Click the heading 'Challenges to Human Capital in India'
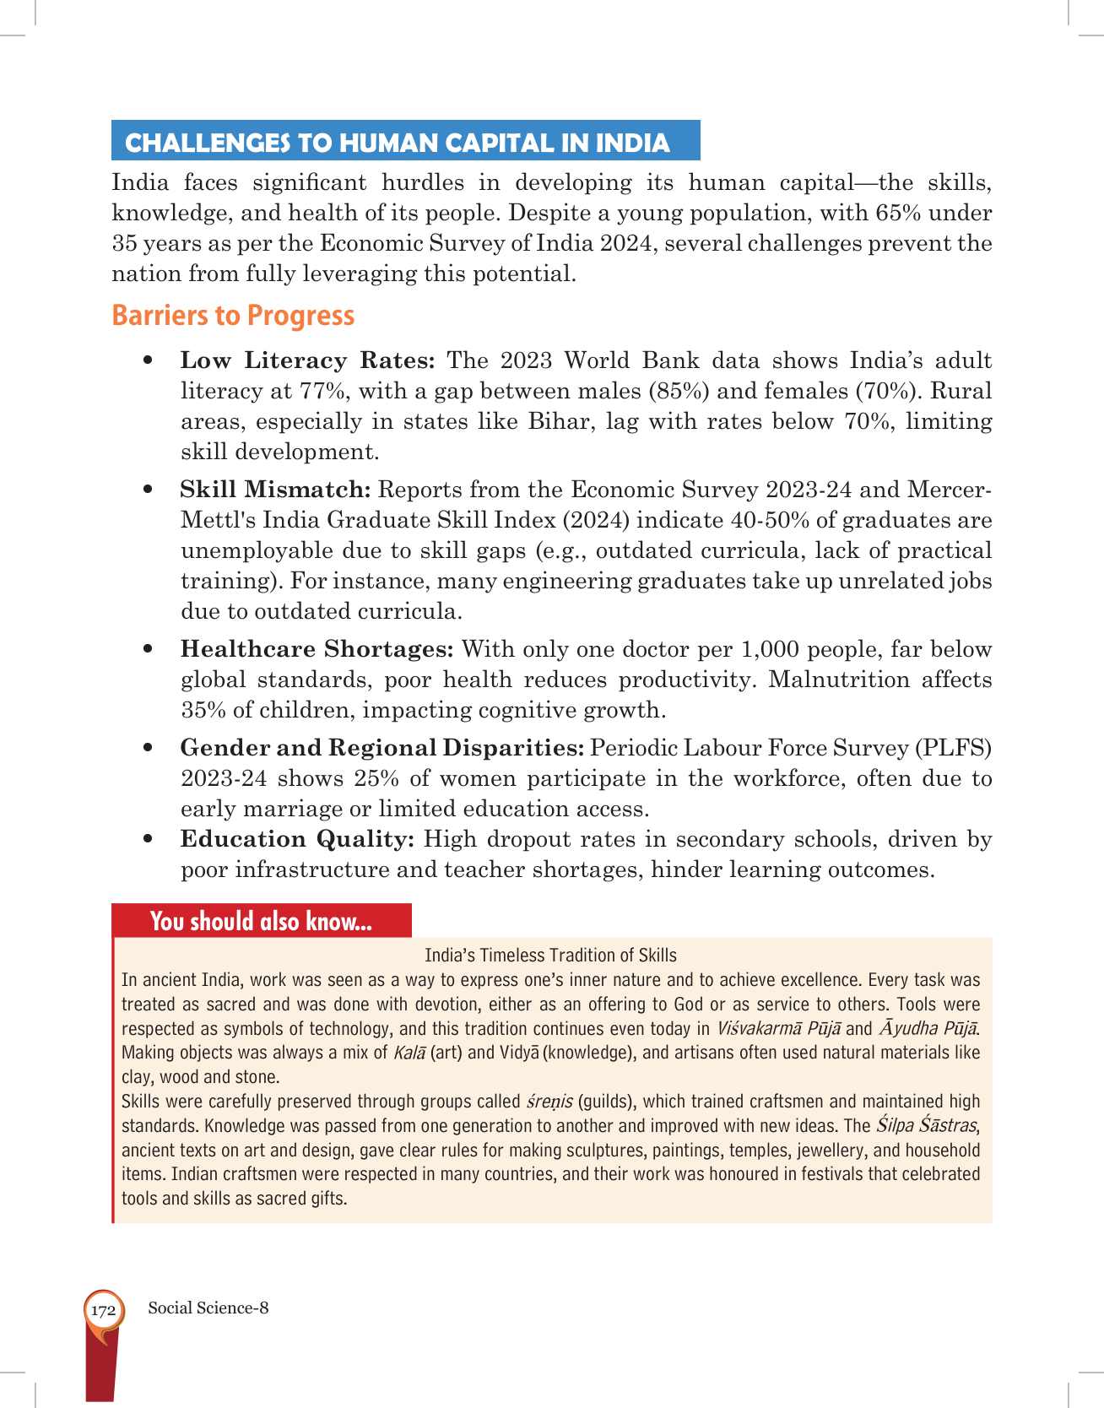tap(398, 143)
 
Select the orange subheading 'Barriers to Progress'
tap(233, 316)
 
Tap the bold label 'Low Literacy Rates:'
tap(307, 360)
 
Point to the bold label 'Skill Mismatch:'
tap(275, 490)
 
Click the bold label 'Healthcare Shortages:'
tap(317, 649)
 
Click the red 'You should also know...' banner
tap(261, 921)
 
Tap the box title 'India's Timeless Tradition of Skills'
tap(550, 956)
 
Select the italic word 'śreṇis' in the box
tap(549, 1102)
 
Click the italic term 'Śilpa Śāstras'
tap(926, 1126)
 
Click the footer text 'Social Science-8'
tap(208, 1308)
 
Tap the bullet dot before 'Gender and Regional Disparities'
tap(149, 748)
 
